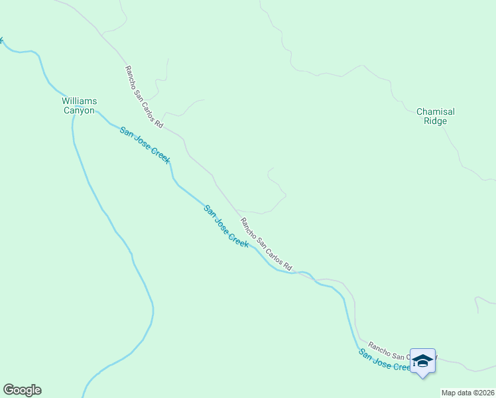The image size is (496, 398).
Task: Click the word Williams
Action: pyautogui.click(x=80, y=101)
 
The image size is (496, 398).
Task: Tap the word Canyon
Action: pyautogui.click(x=80, y=111)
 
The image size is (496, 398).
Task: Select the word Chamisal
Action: pyautogui.click(x=436, y=111)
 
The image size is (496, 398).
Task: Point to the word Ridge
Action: pyautogui.click(x=436, y=121)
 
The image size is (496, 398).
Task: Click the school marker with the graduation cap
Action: pyautogui.click(x=422, y=361)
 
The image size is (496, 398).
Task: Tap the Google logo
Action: pyautogui.click(x=22, y=390)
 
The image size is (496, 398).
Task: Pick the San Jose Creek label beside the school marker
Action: pyautogui.click(x=385, y=360)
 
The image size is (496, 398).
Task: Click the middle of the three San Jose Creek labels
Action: pyautogui.click(x=226, y=226)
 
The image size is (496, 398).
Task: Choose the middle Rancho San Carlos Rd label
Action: pyautogui.click(x=266, y=244)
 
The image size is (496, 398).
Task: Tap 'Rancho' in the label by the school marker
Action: pyautogui.click(x=379, y=345)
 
